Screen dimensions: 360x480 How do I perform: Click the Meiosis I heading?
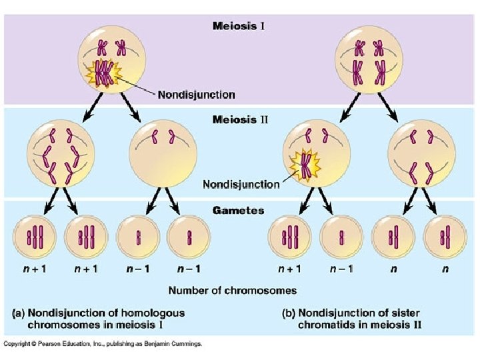[x=239, y=27]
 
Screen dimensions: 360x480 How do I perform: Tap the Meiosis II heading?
[x=239, y=120]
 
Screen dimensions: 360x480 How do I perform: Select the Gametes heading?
[x=239, y=211]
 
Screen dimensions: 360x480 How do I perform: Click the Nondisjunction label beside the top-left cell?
[x=196, y=94]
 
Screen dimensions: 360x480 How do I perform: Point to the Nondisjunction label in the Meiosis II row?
[x=241, y=184]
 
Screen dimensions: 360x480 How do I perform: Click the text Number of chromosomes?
[x=233, y=290]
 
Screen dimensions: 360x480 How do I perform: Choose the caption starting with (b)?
[x=357, y=318]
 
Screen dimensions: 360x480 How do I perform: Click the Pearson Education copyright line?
[x=103, y=344]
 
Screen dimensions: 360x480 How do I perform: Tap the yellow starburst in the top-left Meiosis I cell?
[x=103, y=73]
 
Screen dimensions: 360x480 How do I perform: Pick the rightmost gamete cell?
[x=445, y=237]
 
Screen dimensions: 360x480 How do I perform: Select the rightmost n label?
[x=445, y=269]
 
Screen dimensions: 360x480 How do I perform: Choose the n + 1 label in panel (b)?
[x=289, y=269]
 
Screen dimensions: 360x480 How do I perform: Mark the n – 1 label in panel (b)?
[x=341, y=269]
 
